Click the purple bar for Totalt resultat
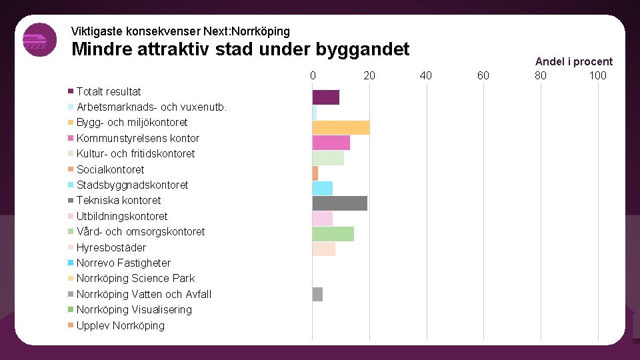click(x=326, y=97)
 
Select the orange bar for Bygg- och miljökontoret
click(x=341, y=128)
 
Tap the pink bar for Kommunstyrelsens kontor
click(x=331, y=143)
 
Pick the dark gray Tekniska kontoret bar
click(x=340, y=203)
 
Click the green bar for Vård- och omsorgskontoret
click(x=333, y=234)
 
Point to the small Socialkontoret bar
click(x=315, y=173)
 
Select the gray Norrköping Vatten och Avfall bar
click(x=317, y=294)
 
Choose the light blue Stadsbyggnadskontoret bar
click(x=323, y=189)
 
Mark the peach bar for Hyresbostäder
click(x=324, y=249)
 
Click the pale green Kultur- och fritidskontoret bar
click(x=328, y=158)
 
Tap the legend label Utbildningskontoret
click(x=122, y=216)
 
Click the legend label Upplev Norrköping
click(x=120, y=325)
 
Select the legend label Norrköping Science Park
click(x=135, y=278)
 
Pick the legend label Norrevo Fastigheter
click(x=123, y=263)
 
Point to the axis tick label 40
click(x=425, y=75)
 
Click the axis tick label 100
click(x=597, y=75)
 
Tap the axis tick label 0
click(x=313, y=75)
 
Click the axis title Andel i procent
click(x=573, y=61)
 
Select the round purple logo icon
click(x=39, y=40)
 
